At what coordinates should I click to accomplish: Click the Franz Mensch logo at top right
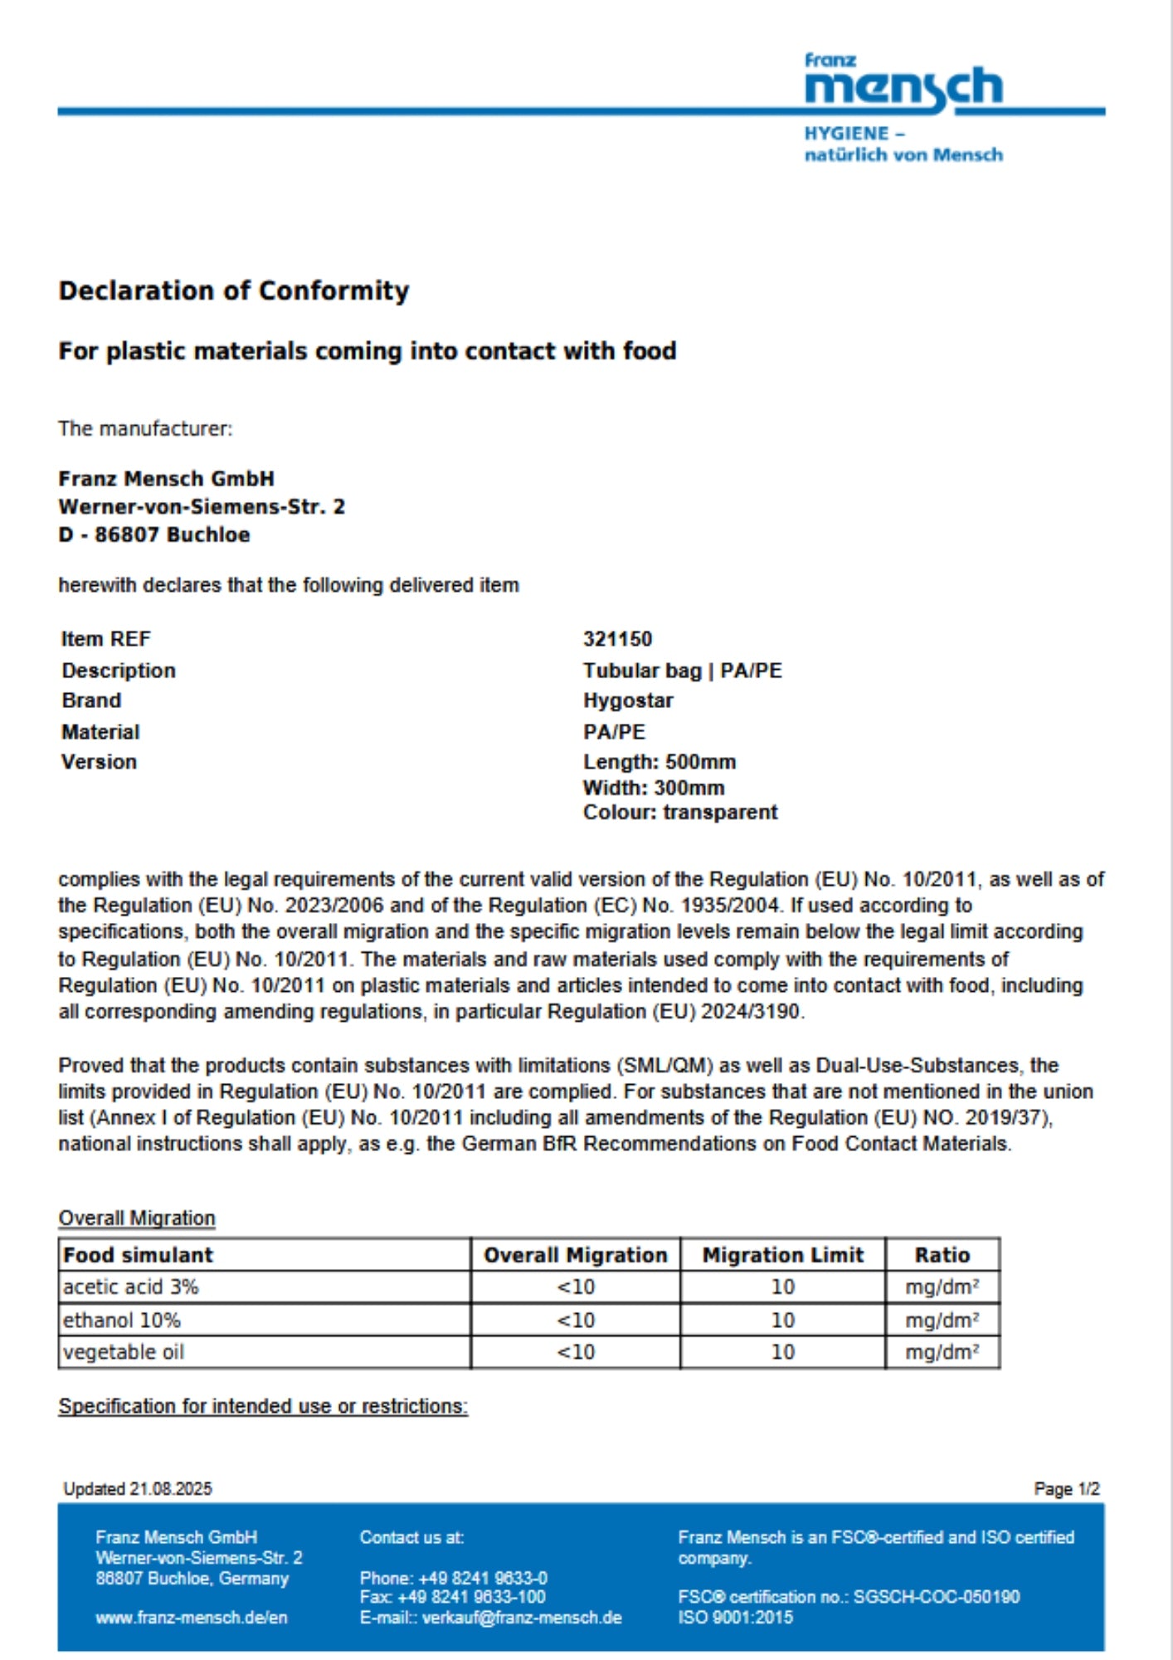[903, 85]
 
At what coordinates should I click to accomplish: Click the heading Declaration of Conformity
[233, 290]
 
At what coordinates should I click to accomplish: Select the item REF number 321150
[617, 639]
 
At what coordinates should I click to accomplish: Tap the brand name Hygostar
[628, 701]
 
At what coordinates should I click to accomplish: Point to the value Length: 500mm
[660, 762]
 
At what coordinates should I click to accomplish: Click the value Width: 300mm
[654, 788]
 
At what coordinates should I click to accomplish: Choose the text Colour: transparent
[680, 813]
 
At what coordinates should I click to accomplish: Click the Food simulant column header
[138, 1255]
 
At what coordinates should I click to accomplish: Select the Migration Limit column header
[782, 1255]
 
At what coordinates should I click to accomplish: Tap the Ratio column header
[942, 1255]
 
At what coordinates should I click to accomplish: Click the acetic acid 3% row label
[131, 1287]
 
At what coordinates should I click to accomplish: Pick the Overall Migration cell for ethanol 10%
[576, 1320]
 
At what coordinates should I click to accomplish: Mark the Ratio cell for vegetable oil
[942, 1352]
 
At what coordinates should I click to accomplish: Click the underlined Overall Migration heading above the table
[137, 1218]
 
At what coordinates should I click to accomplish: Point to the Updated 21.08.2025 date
[138, 1489]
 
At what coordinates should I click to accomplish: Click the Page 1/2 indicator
[1067, 1489]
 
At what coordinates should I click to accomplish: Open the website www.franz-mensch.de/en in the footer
[192, 1618]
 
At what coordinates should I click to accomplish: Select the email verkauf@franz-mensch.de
[522, 1618]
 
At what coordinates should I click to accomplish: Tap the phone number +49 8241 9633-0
[483, 1578]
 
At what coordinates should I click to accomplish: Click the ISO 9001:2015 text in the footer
[735, 1618]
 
